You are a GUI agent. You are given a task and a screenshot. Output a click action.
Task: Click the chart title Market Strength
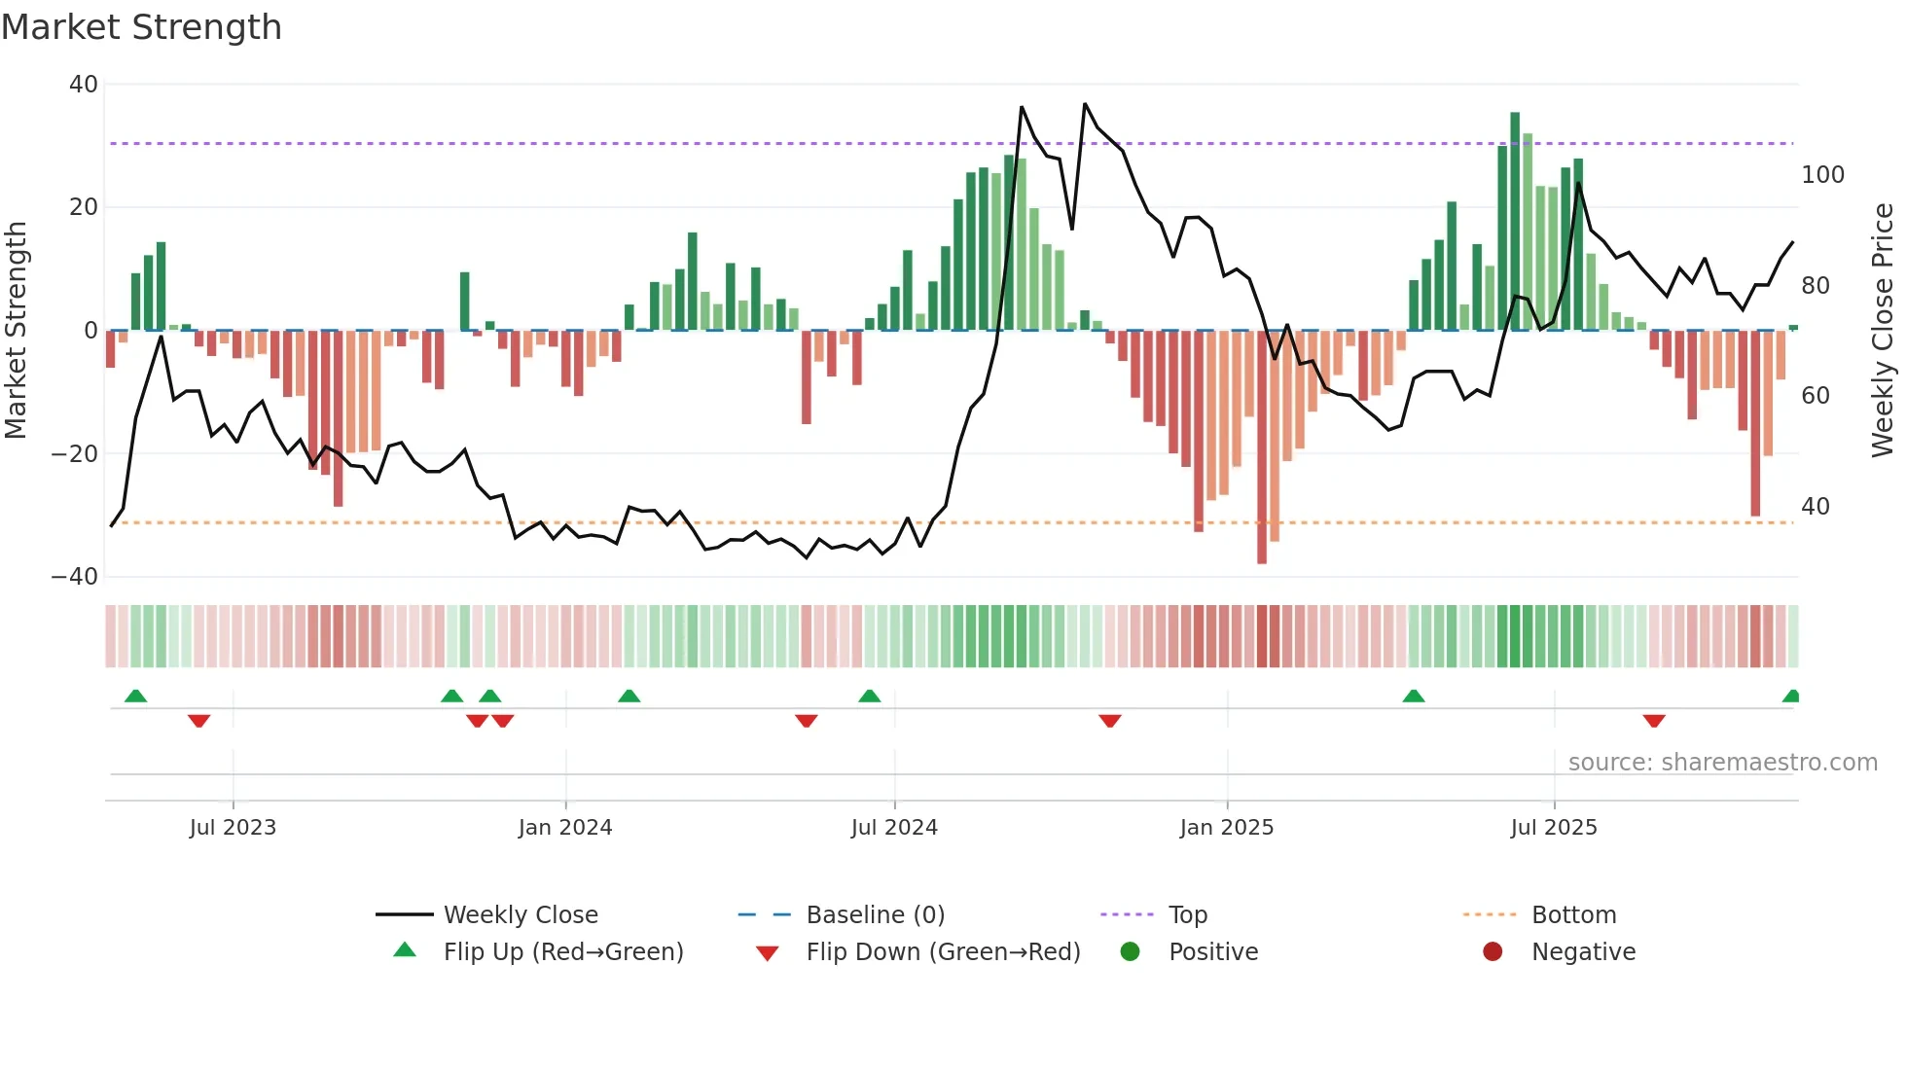click(141, 27)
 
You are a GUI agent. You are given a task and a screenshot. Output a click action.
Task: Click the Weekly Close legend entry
click(520, 914)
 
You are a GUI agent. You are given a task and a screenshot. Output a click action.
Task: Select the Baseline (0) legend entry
click(875, 914)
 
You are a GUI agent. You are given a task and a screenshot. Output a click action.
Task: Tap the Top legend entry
click(1187, 914)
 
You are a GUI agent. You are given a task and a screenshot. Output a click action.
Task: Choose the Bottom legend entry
click(1573, 914)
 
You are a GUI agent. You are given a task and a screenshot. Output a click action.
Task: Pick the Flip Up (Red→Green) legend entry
click(562, 951)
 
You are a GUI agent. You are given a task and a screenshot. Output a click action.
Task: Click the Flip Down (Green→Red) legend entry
click(942, 951)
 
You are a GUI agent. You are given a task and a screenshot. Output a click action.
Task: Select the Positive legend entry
click(1212, 951)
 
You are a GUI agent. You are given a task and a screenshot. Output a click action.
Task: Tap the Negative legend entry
click(1583, 951)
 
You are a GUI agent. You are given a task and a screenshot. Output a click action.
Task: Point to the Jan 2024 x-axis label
click(565, 827)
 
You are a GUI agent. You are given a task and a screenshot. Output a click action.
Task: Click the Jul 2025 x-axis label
click(1554, 827)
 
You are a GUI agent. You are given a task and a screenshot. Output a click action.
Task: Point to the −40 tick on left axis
click(75, 577)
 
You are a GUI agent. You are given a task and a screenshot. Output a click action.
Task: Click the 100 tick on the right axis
click(1822, 175)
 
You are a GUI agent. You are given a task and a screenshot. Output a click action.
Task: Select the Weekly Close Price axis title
click(1883, 331)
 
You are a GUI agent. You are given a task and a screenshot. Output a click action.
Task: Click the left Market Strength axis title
click(16, 331)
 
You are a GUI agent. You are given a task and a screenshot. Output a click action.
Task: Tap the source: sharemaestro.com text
click(1722, 763)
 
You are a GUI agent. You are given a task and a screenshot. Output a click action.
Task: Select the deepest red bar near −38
click(1262, 447)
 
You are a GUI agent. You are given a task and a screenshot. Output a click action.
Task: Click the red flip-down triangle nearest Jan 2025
click(1110, 721)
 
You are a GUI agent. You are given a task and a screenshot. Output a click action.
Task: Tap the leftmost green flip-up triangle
click(136, 697)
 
